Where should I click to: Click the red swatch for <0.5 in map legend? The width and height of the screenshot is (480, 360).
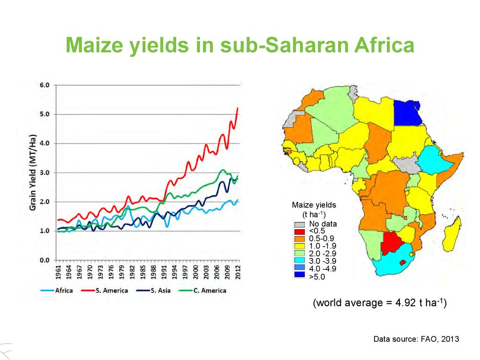click(x=299, y=231)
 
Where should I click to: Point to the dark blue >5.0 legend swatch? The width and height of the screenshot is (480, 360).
click(x=299, y=277)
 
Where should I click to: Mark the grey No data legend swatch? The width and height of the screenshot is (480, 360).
click(x=299, y=224)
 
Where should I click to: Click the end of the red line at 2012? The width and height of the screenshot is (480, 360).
click(x=238, y=108)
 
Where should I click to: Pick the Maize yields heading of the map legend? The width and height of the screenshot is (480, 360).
click(x=314, y=205)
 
